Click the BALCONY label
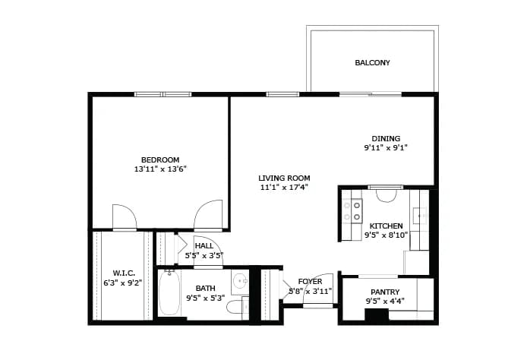tap(372, 62)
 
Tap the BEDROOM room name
tap(160, 159)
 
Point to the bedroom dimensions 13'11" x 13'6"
tap(160, 169)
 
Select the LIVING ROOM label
tap(284, 178)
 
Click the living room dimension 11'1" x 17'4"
tap(284, 188)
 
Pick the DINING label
tap(386, 138)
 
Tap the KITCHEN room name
tap(387, 226)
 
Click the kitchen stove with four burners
tap(352, 210)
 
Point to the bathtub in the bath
tap(169, 292)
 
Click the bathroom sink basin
tap(240, 280)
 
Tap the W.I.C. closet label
tap(124, 273)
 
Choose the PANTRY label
tap(385, 292)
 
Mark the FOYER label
tap(311, 282)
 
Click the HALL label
tap(204, 246)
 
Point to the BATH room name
tap(205, 289)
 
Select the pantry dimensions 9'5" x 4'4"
tap(385, 302)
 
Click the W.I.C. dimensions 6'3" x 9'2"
tap(123, 283)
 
